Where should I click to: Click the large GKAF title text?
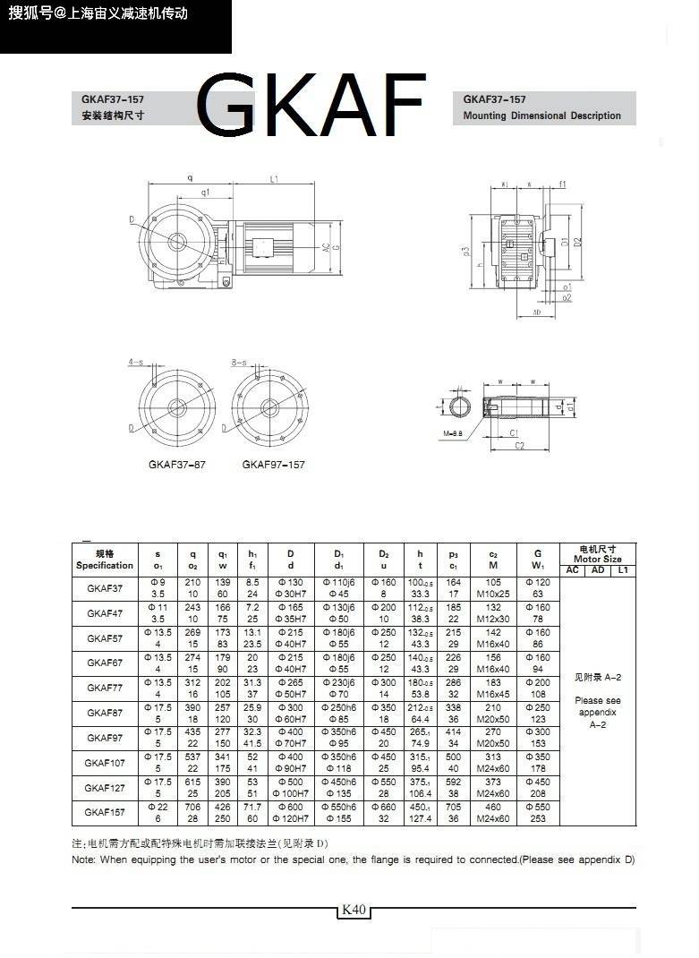tap(311, 107)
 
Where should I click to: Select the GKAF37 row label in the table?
tap(105, 588)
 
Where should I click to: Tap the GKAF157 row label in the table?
tap(105, 812)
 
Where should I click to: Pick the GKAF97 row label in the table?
tap(105, 738)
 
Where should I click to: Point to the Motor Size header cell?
tap(597, 554)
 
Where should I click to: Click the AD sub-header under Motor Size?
tap(598, 570)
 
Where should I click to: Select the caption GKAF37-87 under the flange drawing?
tap(177, 465)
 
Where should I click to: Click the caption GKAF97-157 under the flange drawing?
tap(273, 465)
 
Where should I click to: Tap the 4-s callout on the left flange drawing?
tap(136, 362)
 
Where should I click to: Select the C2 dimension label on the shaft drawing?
tap(519, 444)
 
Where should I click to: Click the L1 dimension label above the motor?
tap(272, 179)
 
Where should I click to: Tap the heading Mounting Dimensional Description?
tap(541, 115)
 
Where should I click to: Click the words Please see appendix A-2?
tap(597, 713)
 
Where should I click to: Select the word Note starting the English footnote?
tap(86, 860)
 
